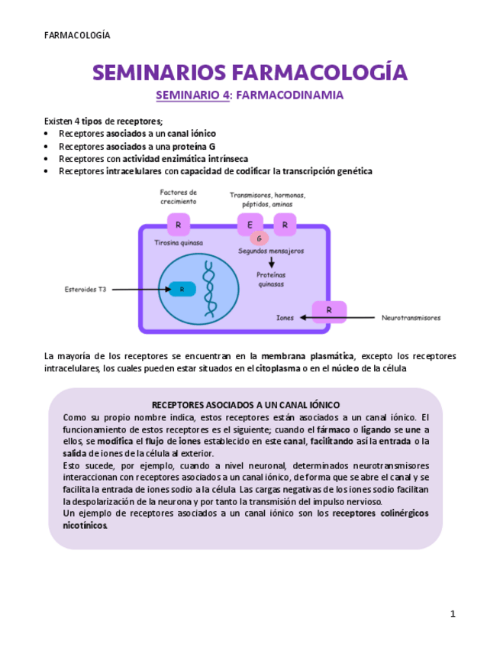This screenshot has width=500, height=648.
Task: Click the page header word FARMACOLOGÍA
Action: tap(77, 36)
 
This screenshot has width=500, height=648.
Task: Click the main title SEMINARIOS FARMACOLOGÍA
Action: tap(250, 73)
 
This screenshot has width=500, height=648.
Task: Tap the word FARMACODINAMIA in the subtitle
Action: tap(290, 96)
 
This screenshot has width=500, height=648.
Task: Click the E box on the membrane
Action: tap(250, 225)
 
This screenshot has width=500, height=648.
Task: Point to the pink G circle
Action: tap(259, 238)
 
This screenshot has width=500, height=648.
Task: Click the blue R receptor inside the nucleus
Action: tap(182, 289)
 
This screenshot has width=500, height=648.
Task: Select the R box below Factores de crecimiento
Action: tap(179, 225)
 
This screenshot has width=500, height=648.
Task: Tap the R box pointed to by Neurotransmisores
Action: tap(329, 311)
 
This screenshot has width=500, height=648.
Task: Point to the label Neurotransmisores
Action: tap(411, 317)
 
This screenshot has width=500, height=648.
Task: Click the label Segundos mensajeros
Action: tap(271, 251)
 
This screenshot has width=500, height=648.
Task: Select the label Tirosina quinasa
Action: tap(179, 243)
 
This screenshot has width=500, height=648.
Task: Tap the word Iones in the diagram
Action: tap(285, 317)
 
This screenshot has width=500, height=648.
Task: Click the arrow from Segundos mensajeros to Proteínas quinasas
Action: tap(271, 263)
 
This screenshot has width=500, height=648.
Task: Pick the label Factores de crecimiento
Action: tap(178, 197)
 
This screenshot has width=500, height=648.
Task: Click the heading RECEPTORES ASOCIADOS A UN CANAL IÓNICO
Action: tap(246, 405)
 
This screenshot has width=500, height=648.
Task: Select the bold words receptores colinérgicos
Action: tap(380, 514)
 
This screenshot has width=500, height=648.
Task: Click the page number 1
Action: tap(453, 614)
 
